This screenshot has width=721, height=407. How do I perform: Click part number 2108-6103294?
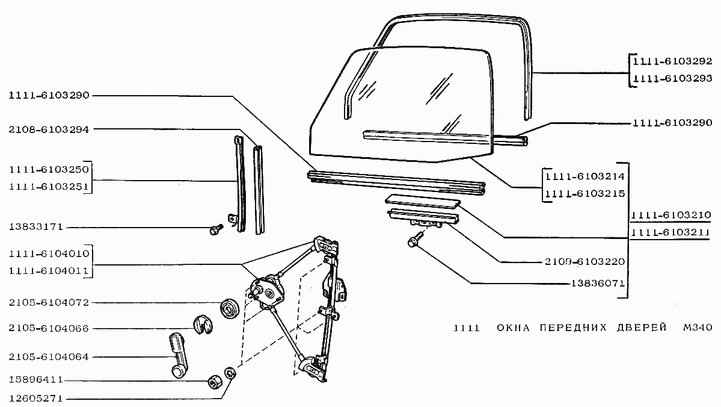49,129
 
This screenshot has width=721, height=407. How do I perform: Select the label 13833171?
36,227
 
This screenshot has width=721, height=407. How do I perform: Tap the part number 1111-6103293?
672,78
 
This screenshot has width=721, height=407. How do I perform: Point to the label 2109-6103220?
585,261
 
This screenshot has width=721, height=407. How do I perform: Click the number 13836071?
598,283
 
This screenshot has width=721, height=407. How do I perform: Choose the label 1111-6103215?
585,193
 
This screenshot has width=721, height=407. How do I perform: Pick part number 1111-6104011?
49,271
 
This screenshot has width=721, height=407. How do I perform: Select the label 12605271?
36,399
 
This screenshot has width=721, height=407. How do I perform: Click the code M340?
698,328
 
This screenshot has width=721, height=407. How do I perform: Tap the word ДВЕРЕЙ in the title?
642,328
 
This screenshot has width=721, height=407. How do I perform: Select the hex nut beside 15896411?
215,382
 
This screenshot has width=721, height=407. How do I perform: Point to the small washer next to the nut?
230,373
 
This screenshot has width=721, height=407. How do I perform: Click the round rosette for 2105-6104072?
230,309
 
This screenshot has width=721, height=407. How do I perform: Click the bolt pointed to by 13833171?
216,229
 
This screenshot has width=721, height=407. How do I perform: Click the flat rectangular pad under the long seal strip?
422,201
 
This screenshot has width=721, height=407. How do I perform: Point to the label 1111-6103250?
49,169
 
